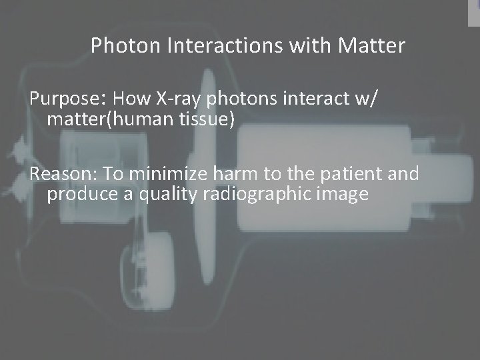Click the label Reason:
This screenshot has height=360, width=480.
[x=64, y=175]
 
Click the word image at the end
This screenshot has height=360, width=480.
[x=343, y=195]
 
